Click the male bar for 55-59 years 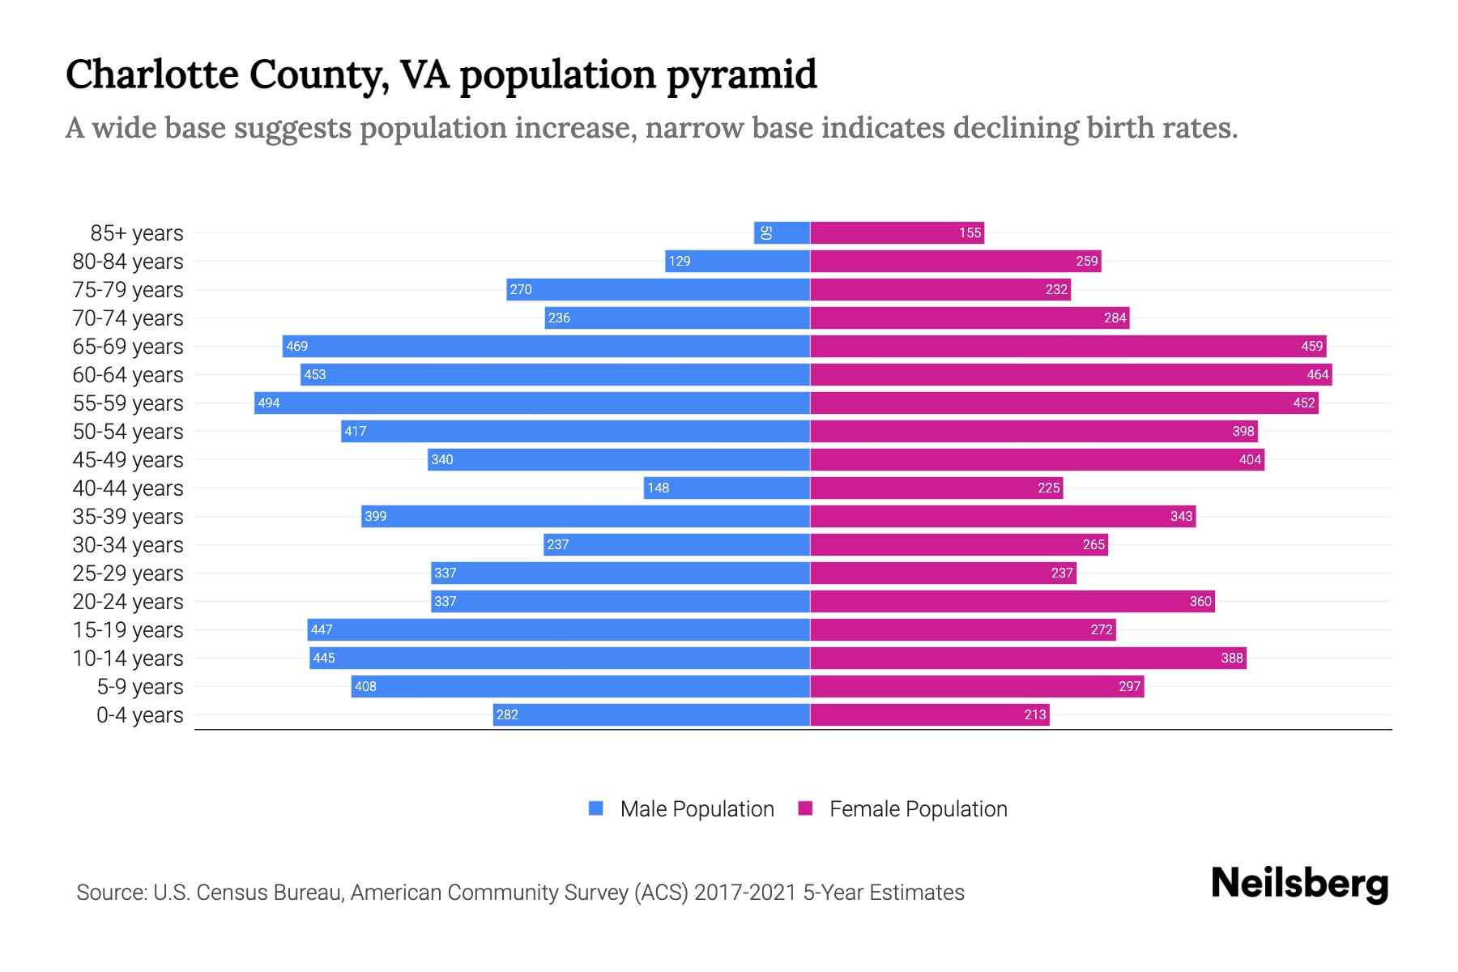point(532,403)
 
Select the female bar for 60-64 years point(1071,374)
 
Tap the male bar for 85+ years point(782,232)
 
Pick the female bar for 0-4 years point(930,714)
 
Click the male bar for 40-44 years point(727,488)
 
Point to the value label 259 point(1086,261)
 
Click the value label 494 point(269,403)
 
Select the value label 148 point(658,488)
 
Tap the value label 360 point(1200,601)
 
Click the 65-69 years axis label point(128,347)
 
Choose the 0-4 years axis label point(139,715)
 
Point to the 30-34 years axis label point(128,545)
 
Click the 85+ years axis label point(137,233)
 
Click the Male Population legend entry point(696,808)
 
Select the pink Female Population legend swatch point(805,808)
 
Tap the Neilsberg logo point(1299,884)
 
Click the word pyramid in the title point(742,75)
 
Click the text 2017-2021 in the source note point(745,893)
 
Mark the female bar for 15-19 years point(963,629)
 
